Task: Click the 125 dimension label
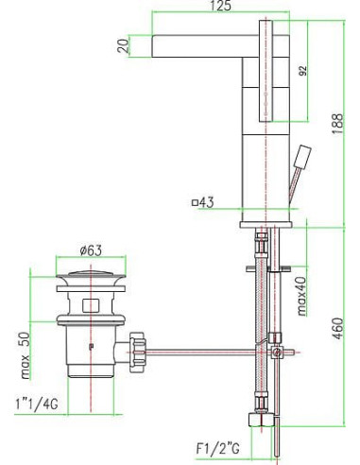[220, 6]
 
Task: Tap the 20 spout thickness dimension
[124, 45]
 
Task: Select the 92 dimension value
[302, 71]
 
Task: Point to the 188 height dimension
[337, 124]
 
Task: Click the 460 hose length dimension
[337, 329]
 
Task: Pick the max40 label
[301, 296]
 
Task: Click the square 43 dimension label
[203, 202]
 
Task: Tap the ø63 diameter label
[91, 250]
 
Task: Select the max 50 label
[25, 355]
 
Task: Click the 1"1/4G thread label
[37, 404]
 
